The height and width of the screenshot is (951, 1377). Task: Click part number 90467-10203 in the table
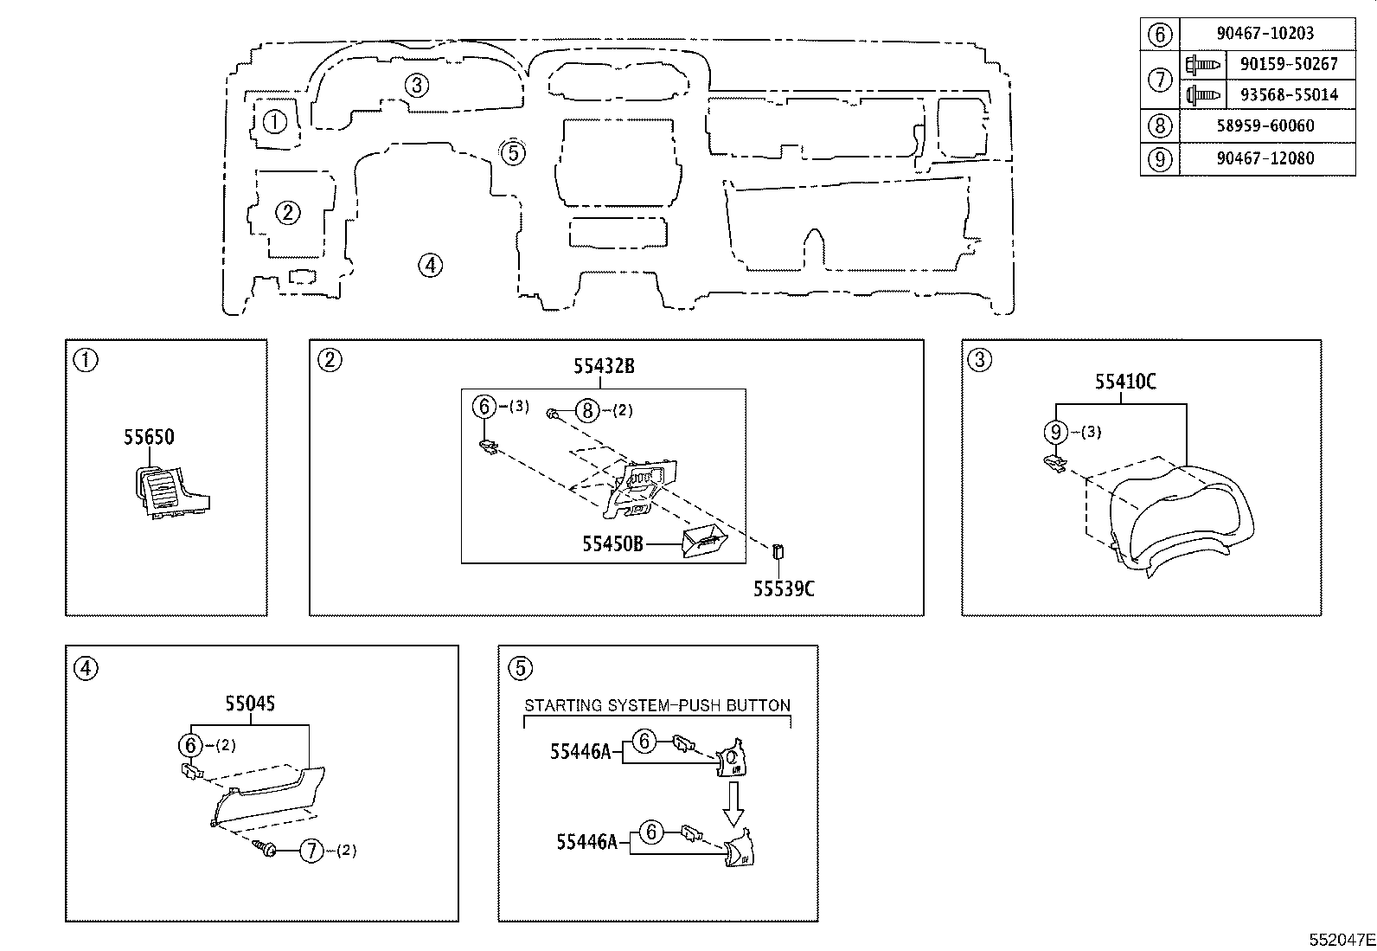(x=1265, y=34)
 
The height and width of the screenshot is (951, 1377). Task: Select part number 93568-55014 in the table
(x=1288, y=94)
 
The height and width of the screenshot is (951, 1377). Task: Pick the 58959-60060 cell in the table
(x=1265, y=125)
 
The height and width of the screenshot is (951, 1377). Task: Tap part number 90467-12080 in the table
(x=1265, y=158)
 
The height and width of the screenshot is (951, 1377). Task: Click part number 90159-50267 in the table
(x=1288, y=64)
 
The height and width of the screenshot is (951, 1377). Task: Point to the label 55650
(x=149, y=437)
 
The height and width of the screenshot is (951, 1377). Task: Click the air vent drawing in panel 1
(x=169, y=492)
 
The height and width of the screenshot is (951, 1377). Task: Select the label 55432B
(x=603, y=366)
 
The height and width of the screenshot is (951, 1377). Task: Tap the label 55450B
(x=612, y=543)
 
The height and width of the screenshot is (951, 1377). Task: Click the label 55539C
(x=783, y=589)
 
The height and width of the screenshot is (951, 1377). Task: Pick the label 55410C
(x=1125, y=382)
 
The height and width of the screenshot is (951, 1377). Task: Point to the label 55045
(x=250, y=704)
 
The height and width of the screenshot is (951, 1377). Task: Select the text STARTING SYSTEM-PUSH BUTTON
(x=657, y=705)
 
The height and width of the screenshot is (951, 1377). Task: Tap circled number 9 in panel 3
(x=1055, y=431)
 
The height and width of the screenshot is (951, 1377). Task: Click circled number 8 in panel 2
(x=587, y=410)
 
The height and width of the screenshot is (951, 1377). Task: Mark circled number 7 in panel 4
(x=311, y=851)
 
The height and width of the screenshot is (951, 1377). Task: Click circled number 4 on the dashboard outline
(x=430, y=265)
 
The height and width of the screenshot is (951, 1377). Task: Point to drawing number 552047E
(x=1341, y=939)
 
